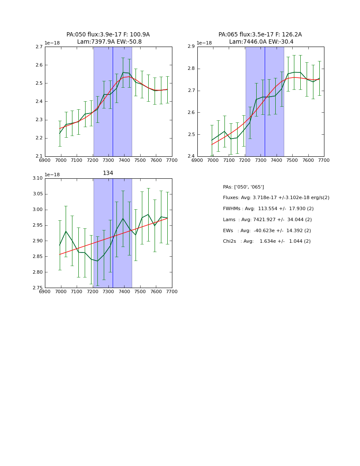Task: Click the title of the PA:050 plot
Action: [x=108, y=38]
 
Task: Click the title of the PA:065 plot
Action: [x=260, y=38]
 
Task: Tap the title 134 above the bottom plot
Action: [x=108, y=173]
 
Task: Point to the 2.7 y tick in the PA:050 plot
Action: [x=39, y=47]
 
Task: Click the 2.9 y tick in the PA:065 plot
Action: [x=191, y=47]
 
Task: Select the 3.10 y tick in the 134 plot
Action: [x=37, y=178]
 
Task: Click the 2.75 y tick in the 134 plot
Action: [x=37, y=288]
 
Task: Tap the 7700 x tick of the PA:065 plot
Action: [x=324, y=160]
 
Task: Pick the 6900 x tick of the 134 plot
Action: [x=45, y=291]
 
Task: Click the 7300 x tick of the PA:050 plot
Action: [x=108, y=160]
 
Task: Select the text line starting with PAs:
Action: [x=243, y=187]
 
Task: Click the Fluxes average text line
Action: [x=276, y=198]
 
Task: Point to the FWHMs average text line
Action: [x=268, y=209]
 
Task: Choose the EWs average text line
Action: [x=267, y=230]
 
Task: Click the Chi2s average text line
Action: [x=266, y=241]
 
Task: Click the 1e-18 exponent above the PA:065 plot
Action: [x=204, y=43]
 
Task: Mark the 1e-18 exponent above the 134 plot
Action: [x=52, y=175]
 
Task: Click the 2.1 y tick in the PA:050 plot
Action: [x=39, y=156]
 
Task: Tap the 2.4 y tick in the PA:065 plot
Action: [x=191, y=156]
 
